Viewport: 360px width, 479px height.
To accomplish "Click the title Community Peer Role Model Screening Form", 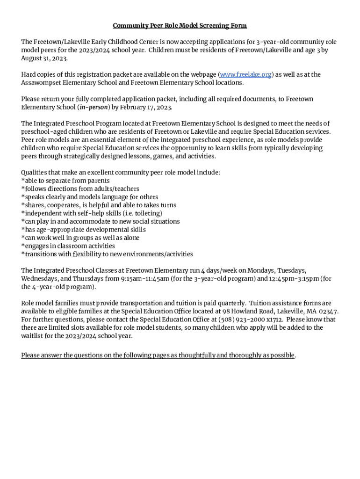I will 180,25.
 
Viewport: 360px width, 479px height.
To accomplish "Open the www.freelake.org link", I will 245,74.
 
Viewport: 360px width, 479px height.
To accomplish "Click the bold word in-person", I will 94,107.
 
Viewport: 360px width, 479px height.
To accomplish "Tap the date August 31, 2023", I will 44,58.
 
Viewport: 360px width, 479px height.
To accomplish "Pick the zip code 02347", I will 329,312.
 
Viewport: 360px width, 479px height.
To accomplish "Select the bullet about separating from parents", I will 65,181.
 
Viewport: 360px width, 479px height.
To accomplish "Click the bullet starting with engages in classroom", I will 69,246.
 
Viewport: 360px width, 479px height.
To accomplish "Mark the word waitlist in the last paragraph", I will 33,336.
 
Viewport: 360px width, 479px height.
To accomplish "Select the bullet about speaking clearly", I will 90,197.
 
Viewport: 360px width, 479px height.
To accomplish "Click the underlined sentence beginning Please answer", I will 158,356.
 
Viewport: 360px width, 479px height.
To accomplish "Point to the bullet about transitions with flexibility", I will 107,254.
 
